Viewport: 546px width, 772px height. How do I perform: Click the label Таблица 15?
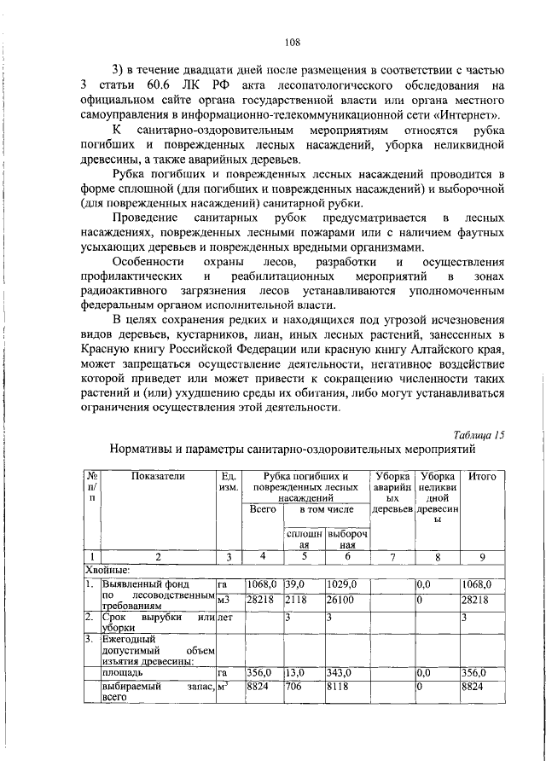(479, 432)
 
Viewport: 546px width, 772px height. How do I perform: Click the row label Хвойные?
(107, 570)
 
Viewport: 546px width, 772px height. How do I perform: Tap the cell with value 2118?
(295, 600)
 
